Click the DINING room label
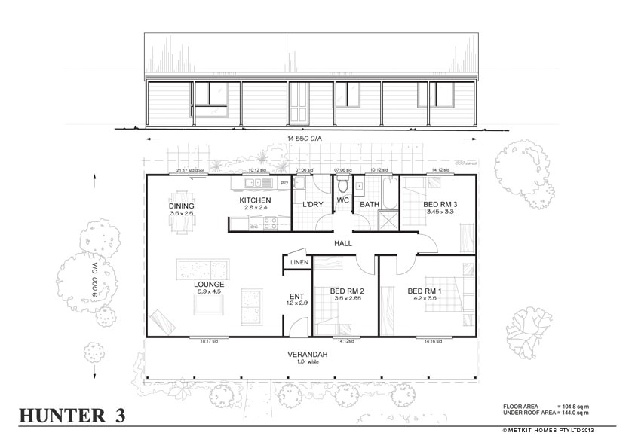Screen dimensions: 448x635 click(x=181, y=206)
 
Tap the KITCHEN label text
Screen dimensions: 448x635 click(x=254, y=200)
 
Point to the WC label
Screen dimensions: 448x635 click(x=342, y=201)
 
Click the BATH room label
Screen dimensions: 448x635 click(x=369, y=204)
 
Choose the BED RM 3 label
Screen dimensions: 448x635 click(x=440, y=205)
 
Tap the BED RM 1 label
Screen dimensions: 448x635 click(x=425, y=291)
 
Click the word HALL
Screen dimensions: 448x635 click(x=345, y=244)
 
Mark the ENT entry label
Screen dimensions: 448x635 click(x=296, y=295)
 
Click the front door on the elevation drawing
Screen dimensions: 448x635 click(x=299, y=104)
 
